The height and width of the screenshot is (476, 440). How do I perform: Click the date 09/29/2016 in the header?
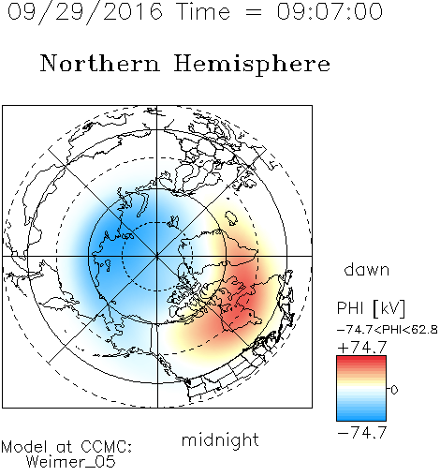(85, 12)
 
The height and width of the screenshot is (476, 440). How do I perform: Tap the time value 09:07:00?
(330, 11)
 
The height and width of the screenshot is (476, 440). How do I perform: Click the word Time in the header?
(203, 11)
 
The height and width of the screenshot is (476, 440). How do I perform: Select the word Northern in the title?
(100, 64)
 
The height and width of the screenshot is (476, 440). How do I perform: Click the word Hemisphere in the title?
(252, 65)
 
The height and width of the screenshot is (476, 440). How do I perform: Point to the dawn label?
(367, 269)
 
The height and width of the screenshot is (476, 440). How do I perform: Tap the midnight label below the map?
(220, 441)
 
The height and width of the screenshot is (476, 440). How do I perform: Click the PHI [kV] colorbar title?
(371, 308)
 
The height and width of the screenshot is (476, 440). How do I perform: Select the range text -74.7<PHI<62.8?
(388, 330)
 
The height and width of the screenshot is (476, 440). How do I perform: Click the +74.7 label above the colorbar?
(362, 348)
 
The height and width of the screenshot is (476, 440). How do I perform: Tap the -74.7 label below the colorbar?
(362, 432)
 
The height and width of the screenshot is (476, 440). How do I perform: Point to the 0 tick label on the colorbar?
(394, 390)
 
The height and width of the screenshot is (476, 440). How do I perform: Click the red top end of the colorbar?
(361, 358)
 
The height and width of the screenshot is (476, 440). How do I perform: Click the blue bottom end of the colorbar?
(361, 418)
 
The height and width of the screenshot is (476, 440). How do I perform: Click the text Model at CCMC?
(66, 447)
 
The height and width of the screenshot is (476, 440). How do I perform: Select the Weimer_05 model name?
(71, 462)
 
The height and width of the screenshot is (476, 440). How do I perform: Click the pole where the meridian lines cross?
(157, 256)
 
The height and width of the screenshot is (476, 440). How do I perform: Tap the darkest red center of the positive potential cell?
(241, 300)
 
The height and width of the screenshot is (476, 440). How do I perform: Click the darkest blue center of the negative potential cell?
(115, 246)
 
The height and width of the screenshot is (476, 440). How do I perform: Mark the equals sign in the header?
(254, 12)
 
